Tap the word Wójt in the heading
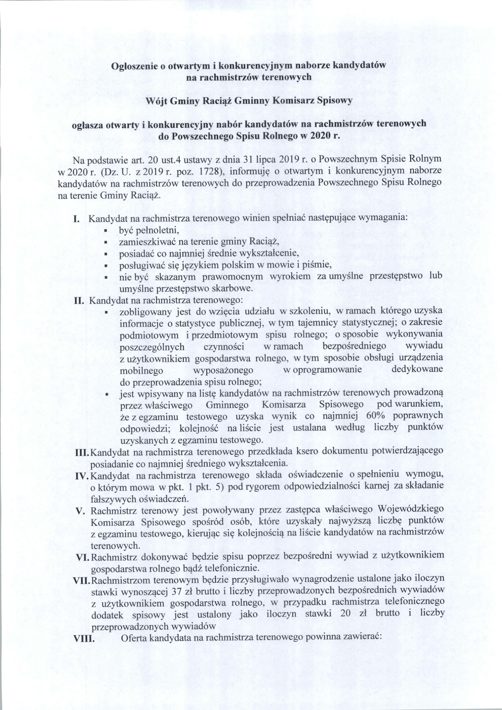coord(155,101)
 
